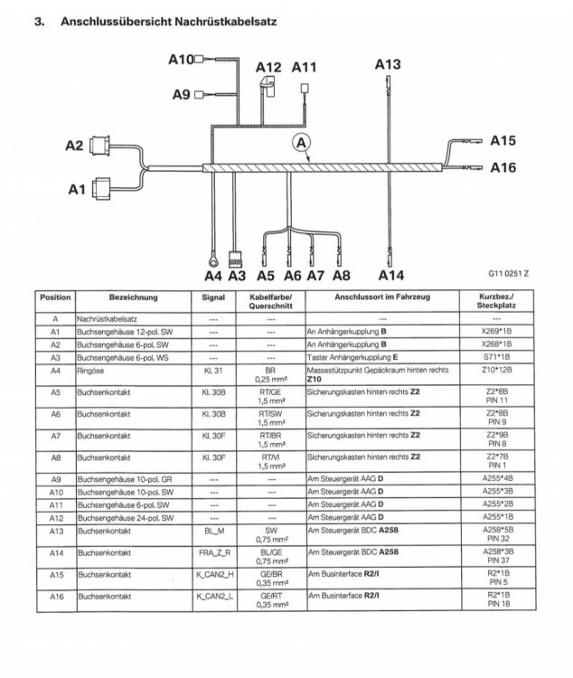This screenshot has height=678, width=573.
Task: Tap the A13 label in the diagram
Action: coord(387,64)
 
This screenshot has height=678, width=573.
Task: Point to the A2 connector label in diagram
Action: coord(73,145)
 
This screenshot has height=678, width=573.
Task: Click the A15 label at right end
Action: coord(503,141)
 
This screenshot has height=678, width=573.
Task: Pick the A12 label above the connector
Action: coord(268,67)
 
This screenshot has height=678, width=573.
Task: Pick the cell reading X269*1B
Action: coord(496,332)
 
